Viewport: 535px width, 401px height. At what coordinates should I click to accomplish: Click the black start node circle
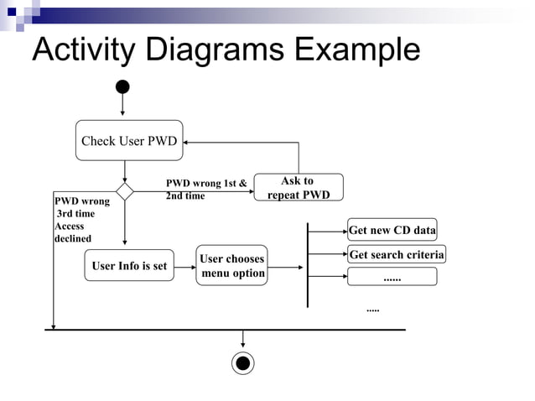point(122,86)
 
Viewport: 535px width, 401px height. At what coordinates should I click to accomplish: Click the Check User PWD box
point(128,141)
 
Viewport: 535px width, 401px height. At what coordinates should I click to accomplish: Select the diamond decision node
point(124,192)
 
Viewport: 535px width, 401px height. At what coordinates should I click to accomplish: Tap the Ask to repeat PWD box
point(298,188)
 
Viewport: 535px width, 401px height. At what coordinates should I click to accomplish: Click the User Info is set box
point(129,266)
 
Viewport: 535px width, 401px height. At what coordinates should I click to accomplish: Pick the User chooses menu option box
point(232,266)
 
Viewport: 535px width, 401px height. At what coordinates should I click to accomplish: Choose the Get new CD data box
point(392,231)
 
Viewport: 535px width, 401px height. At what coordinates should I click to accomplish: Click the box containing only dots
point(392,277)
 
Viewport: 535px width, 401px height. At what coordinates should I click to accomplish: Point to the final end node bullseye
point(243,362)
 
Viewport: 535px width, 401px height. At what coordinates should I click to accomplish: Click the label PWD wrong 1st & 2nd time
point(206,189)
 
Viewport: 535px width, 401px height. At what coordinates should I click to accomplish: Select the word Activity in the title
point(84,50)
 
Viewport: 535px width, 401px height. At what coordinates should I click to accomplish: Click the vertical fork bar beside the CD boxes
point(309,264)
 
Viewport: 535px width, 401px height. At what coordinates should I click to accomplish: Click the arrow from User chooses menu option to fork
point(288,268)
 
